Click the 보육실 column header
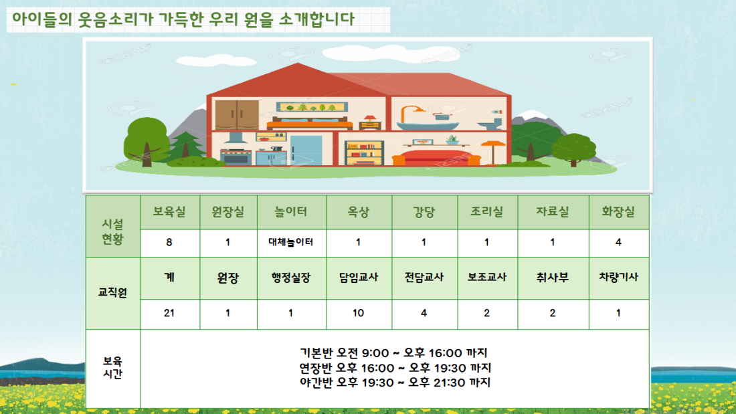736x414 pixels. pyautogui.click(x=169, y=212)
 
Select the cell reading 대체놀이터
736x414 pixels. pyautogui.click(x=291, y=243)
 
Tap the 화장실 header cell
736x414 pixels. pyautogui.click(x=619, y=212)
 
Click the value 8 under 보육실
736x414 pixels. pyautogui.click(x=169, y=243)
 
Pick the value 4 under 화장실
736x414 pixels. pyautogui.click(x=618, y=243)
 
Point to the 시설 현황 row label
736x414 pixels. pyautogui.click(x=112, y=231)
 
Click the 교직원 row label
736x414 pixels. pyautogui.click(x=112, y=293)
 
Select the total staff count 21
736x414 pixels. pyautogui.click(x=169, y=313)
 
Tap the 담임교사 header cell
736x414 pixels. pyautogui.click(x=359, y=278)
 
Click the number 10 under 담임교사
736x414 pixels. pyautogui.click(x=358, y=313)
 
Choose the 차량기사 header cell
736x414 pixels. pyautogui.click(x=619, y=278)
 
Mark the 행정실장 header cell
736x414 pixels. pyautogui.click(x=291, y=278)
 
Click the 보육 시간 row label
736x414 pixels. pyautogui.click(x=112, y=368)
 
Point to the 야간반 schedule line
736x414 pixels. pyautogui.click(x=395, y=383)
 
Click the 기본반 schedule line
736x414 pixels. pyautogui.click(x=393, y=352)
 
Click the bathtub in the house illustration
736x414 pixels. pyautogui.click(x=427, y=125)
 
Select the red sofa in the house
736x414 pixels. pyautogui.click(x=436, y=157)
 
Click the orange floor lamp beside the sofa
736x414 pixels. pyautogui.click(x=493, y=151)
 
